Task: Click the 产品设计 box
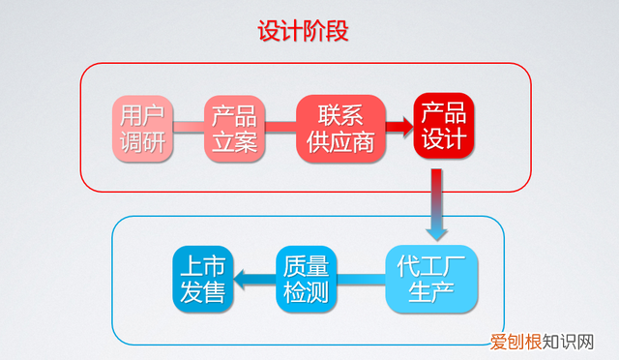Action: (x=443, y=126)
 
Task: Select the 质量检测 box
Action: (x=309, y=280)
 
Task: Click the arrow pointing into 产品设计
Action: (x=394, y=126)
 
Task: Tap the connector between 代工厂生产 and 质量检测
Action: (x=363, y=281)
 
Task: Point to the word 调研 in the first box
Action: (x=141, y=142)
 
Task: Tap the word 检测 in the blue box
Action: (x=309, y=294)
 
